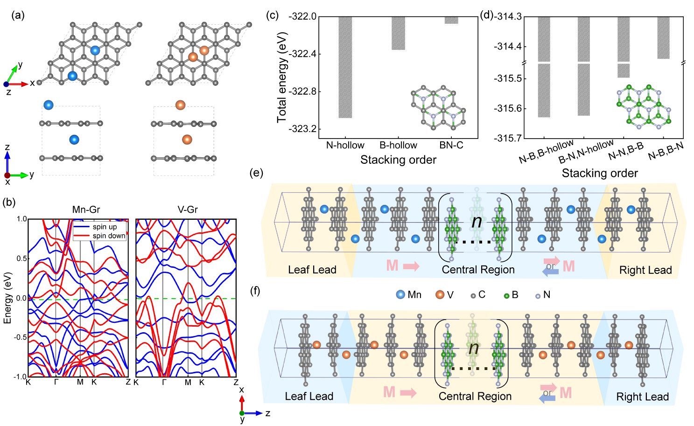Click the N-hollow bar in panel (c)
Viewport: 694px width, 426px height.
point(345,67)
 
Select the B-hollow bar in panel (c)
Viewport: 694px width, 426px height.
point(398,33)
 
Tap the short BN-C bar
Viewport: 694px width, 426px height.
point(451,20)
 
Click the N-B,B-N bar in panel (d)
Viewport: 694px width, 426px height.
point(663,38)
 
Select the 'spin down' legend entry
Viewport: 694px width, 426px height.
point(109,236)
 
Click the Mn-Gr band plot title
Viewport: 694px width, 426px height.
point(86,210)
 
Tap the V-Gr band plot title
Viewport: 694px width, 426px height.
point(188,210)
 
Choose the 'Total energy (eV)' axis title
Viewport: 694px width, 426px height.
point(281,77)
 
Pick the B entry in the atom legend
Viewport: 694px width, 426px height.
point(511,295)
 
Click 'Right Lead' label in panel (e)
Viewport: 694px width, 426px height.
point(645,270)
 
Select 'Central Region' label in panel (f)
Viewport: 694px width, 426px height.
point(475,396)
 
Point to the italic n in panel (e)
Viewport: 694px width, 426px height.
point(477,221)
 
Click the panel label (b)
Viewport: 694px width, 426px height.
point(9,203)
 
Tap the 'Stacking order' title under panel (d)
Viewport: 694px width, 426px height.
point(599,174)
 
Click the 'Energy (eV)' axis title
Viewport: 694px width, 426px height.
point(7,298)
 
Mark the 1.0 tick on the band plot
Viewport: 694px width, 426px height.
point(21,219)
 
